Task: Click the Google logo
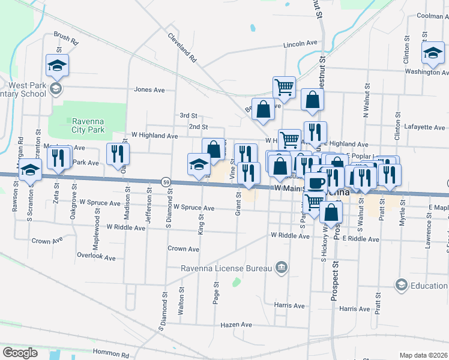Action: tap(20, 352)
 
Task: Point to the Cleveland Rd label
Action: tap(182, 48)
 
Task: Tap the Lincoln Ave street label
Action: tap(300, 44)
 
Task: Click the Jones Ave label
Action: tap(149, 90)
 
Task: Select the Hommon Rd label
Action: tap(111, 355)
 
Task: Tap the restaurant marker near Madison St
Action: tap(118, 154)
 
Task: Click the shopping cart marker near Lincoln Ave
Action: tap(284, 86)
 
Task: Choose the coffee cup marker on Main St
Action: tap(316, 182)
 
